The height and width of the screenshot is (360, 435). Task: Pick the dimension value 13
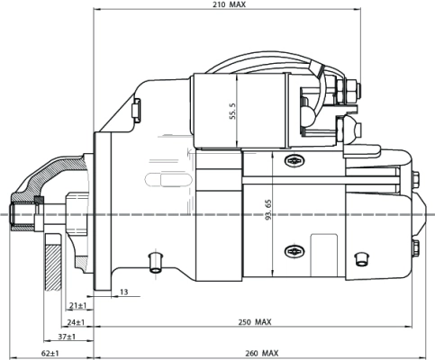[x=123, y=292]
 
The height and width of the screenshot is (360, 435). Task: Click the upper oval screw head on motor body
[x=295, y=161]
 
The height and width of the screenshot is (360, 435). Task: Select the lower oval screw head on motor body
[x=295, y=250]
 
